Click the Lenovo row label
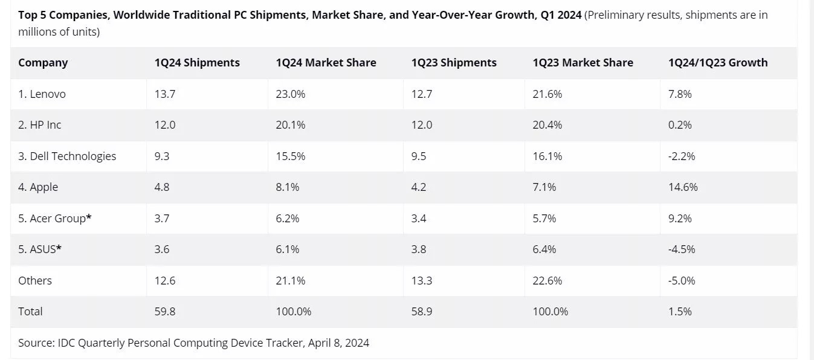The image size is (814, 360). point(42,94)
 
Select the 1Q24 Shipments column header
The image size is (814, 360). point(197,62)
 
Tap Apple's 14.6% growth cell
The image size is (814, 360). point(683,187)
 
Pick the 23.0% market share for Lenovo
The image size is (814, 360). point(290,94)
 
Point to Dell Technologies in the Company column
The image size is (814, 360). point(67,156)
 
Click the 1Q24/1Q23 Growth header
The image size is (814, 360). point(718,62)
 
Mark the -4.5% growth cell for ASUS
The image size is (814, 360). point(682,249)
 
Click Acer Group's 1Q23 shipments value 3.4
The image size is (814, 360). point(419,218)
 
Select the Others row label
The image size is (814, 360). point(35,280)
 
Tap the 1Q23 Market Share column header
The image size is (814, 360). point(583,62)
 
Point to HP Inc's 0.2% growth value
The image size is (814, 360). point(680,125)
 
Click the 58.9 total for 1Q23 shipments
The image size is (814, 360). point(421,312)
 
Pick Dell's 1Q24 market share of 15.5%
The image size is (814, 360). point(290,156)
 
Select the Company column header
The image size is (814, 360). point(43,62)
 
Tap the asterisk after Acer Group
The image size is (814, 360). point(89,217)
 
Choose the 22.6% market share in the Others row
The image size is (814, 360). point(547,280)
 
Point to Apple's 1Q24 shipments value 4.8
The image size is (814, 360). point(162,187)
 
